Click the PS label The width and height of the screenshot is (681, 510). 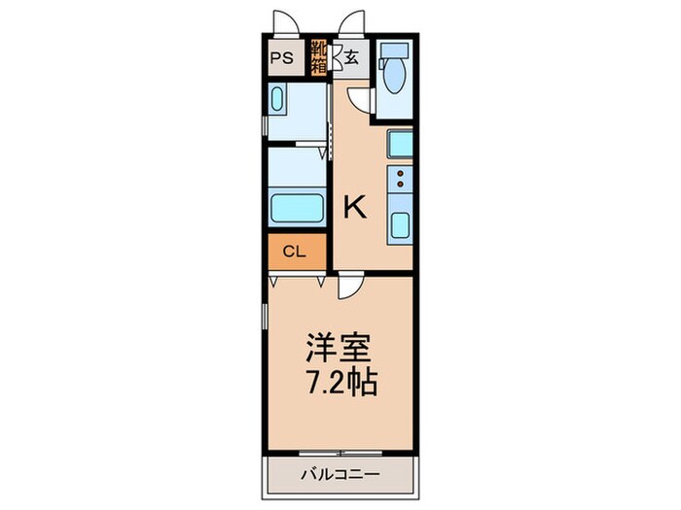(283, 56)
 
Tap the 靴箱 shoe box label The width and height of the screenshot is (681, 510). (318, 56)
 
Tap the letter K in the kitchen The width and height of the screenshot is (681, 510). (355, 206)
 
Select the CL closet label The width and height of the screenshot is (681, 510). (294, 253)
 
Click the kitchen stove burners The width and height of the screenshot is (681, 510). (399, 180)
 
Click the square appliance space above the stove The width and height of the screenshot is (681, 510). (400, 146)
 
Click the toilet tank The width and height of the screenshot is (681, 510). (395, 52)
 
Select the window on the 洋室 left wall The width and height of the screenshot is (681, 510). (268, 321)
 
